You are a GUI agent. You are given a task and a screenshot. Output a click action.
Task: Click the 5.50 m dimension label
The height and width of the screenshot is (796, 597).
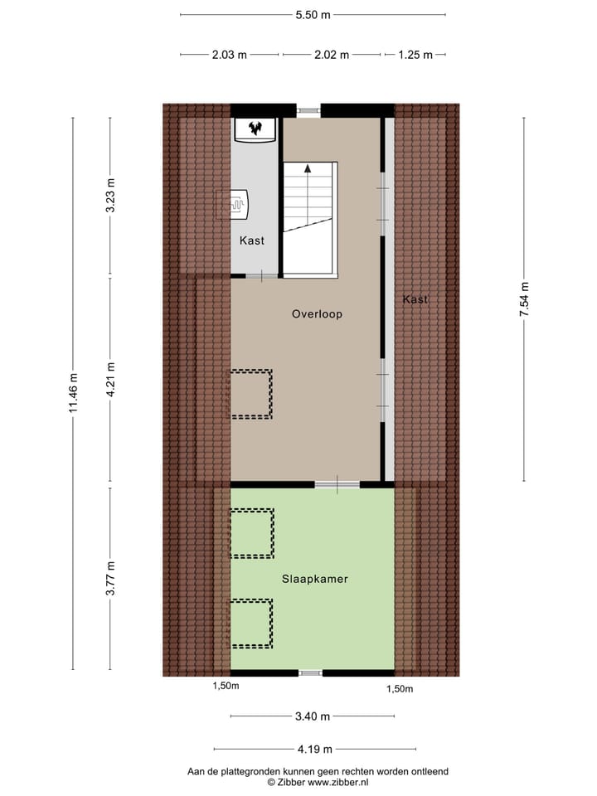point(313,15)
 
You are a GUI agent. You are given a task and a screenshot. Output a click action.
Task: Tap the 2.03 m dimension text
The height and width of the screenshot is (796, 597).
point(229,56)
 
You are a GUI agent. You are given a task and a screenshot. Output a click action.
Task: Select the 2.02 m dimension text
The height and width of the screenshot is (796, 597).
point(331,56)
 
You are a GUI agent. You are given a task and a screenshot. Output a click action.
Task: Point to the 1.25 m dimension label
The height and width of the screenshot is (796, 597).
point(415,56)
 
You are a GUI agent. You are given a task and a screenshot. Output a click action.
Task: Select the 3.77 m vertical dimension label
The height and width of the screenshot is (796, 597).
point(110,579)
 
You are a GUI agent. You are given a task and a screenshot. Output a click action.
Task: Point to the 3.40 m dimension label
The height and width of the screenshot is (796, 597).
point(313,716)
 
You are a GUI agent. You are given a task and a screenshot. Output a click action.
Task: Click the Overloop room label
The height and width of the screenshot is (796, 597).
point(317,314)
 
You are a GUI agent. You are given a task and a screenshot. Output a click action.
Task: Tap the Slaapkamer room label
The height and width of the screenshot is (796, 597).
point(313,579)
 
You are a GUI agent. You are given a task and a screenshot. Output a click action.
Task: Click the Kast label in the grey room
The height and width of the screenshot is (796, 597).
point(252,240)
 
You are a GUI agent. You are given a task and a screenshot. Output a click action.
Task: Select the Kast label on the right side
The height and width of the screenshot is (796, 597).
point(415,299)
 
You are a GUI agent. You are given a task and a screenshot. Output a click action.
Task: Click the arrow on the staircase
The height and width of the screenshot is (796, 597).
point(308,168)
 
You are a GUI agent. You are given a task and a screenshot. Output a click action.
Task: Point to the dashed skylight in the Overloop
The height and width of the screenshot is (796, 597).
point(251,394)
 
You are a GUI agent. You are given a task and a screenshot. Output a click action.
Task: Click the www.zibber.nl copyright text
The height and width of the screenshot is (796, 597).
point(318,782)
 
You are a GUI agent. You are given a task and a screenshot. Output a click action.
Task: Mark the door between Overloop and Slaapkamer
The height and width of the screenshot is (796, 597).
point(337,485)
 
